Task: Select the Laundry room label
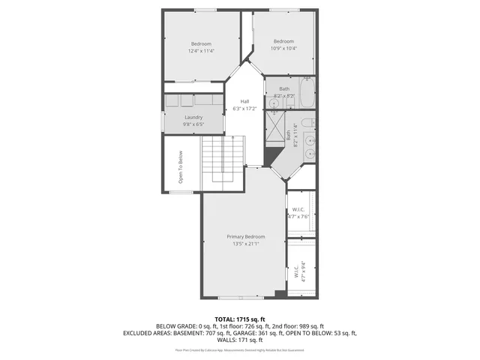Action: click(x=194, y=117)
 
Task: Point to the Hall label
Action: click(x=244, y=101)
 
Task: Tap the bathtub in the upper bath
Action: click(x=307, y=94)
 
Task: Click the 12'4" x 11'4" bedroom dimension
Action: click(x=202, y=51)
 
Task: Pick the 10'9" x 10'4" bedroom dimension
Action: click(x=283, y=48)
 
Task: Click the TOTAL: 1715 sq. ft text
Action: click(x=239, y=319)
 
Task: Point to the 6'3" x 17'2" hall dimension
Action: click(x=244, y=109)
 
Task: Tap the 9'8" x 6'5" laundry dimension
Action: click(x=194, y=124)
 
